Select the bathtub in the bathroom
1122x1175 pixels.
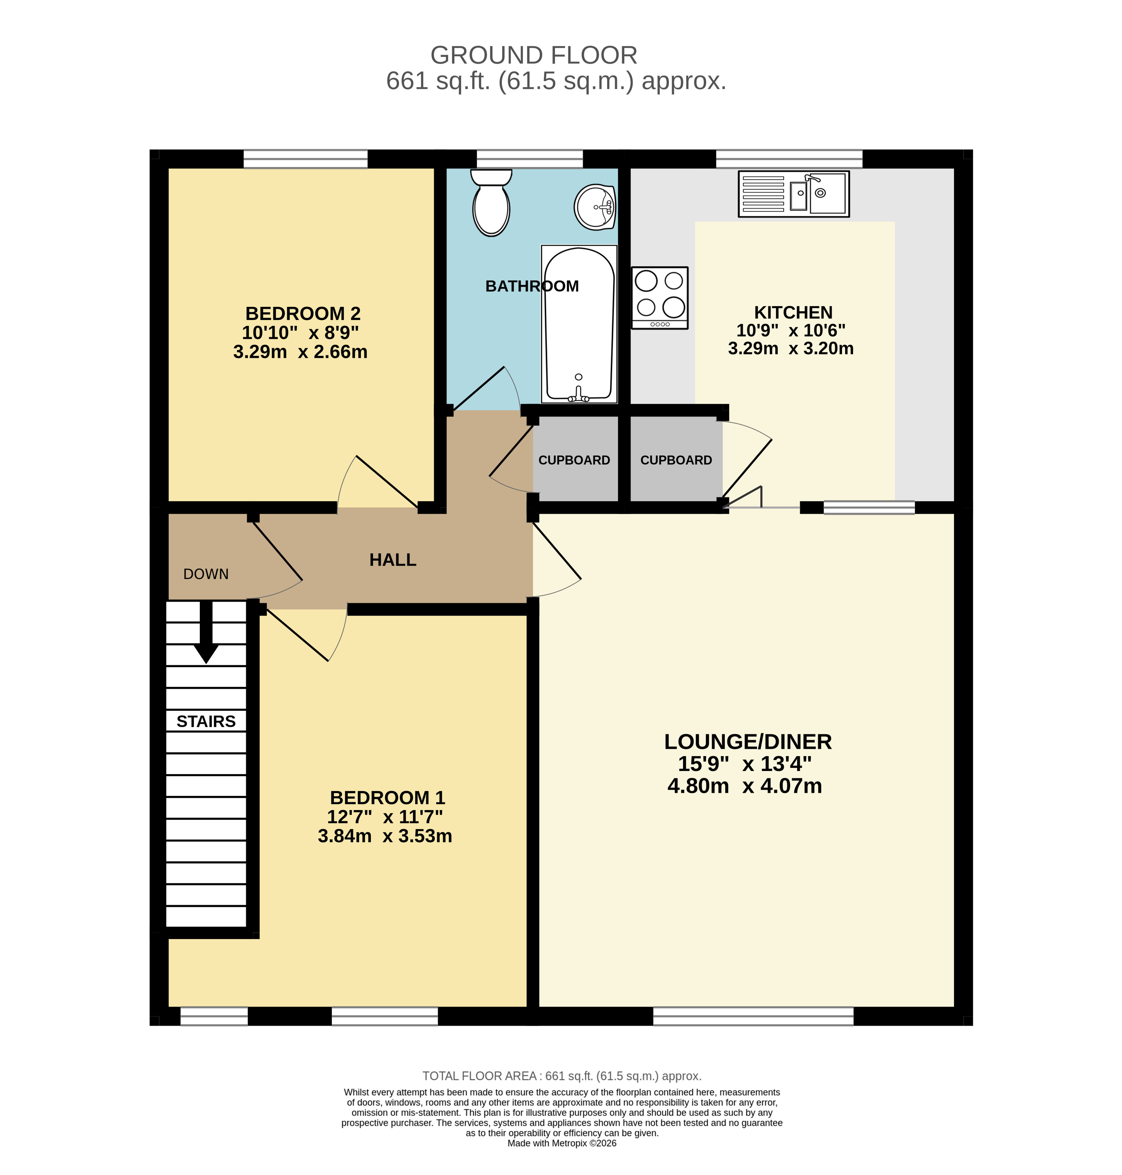tap(579, 324)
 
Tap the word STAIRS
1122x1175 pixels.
tap(206, 721)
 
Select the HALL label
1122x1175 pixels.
tap(393, 560)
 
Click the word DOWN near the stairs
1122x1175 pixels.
tap(206, 574)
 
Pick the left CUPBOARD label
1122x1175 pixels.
tap(574, 460)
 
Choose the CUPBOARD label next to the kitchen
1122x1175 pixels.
tap(676, 460)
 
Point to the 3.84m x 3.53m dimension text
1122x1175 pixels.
tap(385, 836)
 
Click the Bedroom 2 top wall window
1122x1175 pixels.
tap(305, 159)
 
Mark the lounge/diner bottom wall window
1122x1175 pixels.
tap(754, 1016)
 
